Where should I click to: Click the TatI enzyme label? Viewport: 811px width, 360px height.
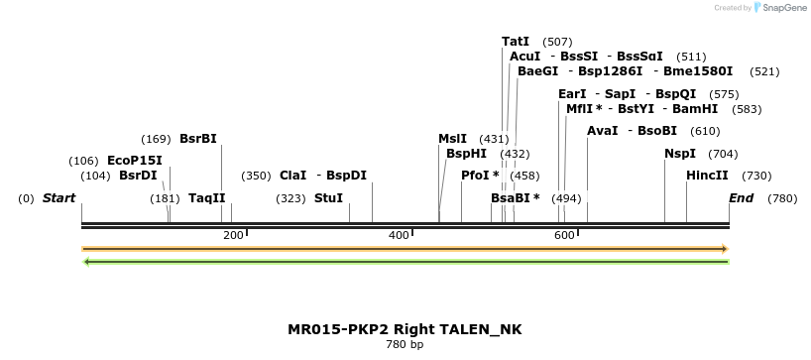coord(516,42)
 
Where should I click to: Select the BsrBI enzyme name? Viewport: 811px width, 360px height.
coord(197,139)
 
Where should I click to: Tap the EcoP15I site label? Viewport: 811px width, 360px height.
coord(134,161)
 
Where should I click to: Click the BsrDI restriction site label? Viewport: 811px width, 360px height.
coord(138,176)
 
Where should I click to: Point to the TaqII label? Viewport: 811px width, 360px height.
coord(207,198)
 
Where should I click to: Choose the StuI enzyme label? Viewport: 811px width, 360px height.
coord(328,198)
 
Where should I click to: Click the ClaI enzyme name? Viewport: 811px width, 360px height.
coord(293,176)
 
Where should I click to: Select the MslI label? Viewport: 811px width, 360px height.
coord(452,139)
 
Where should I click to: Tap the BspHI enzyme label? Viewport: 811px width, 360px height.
coord(466,154)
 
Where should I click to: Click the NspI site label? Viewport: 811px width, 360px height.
coord(680,154)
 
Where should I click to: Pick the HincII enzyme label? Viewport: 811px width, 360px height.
coord(707,176)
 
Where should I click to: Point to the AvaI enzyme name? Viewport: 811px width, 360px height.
coord(603,131)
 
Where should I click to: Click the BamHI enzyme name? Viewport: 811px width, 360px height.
coord(695,109)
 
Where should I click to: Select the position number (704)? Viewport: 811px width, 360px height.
coord(724,154)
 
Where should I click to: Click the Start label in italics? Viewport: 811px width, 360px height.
coord(58,198)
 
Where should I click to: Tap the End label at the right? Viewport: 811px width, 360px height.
coord(742,198)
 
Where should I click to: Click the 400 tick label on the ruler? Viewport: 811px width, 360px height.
coord(399,235)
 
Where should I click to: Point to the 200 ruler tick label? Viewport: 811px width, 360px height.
coord(233,235)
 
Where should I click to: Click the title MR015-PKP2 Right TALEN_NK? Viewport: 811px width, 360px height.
coord(405,329)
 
